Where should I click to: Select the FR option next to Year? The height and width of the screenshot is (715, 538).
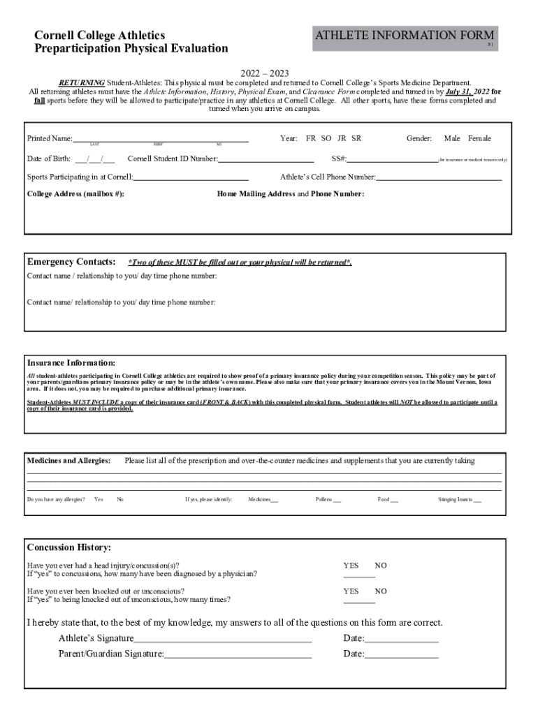[311, 138]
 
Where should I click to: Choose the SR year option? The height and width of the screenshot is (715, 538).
[356, 138]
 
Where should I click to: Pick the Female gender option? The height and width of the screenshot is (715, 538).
[479, 138]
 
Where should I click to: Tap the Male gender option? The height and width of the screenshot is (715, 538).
[452, 138]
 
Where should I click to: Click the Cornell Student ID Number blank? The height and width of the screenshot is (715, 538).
[266, 161]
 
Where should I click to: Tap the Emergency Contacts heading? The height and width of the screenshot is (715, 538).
[71, 262]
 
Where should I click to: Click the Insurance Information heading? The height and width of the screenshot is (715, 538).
[71, 363]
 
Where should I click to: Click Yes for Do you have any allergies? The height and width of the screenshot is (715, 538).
[99, 500]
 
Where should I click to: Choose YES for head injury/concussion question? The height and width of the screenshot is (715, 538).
[351, 566]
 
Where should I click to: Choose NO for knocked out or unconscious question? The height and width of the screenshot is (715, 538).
[381, 591]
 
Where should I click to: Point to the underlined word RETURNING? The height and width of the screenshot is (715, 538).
[81, 82]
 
